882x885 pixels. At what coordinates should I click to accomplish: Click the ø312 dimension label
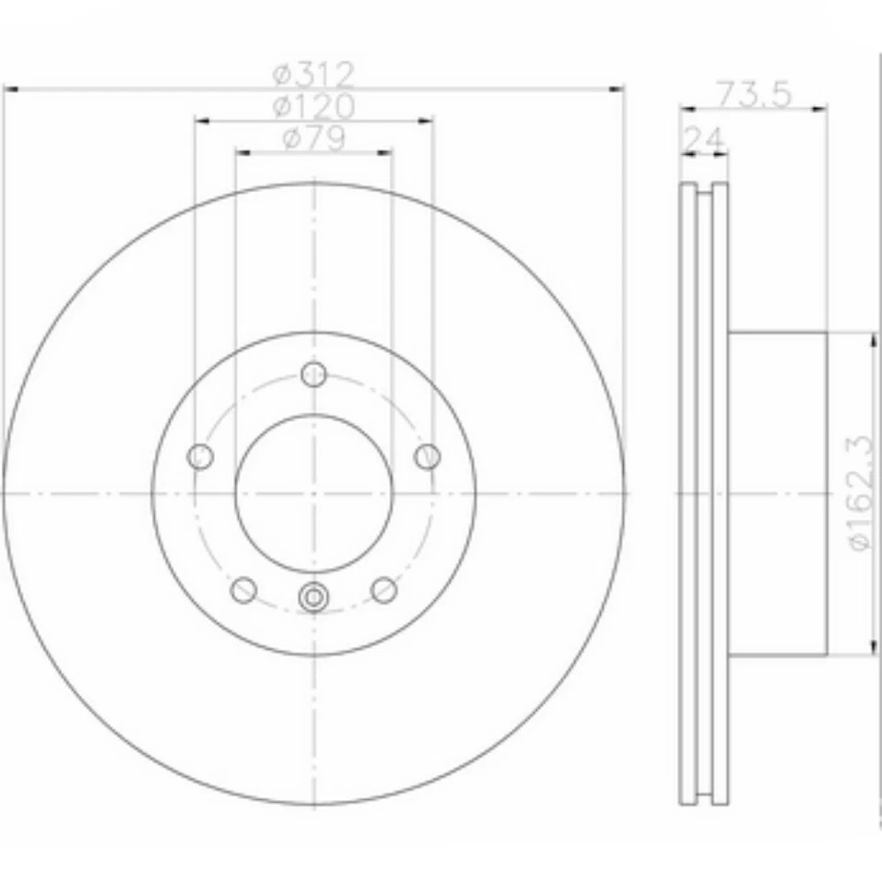(313, 73)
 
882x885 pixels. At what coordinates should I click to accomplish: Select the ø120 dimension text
(313, 105)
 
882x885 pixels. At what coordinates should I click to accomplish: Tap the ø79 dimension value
(313, 138)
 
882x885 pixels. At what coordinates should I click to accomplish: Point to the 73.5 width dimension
(753, 94)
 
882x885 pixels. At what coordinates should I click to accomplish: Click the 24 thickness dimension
(702, 139)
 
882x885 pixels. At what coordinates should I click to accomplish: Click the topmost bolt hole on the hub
(314, 374)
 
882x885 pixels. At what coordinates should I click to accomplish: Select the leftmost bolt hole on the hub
(200, 456)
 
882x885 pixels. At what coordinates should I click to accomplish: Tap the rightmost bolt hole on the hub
(428, 456)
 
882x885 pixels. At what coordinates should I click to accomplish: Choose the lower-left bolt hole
(243, 589)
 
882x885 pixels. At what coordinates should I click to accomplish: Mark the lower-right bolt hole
(384, 589)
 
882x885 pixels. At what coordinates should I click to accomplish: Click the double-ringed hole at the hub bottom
(314, 597)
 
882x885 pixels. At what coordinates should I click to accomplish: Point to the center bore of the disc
(314, 493)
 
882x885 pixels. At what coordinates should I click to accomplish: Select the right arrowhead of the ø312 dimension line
(617, 89)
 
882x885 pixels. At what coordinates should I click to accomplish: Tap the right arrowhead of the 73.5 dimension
(820, 109)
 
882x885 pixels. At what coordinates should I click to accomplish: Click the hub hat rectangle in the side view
(779, 493)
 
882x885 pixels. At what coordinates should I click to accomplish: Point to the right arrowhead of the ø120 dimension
(426, 120)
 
